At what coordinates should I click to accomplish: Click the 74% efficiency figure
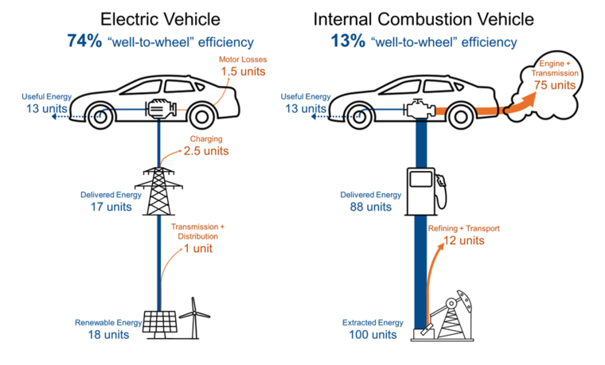(84, 41)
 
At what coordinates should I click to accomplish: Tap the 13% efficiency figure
(348, 41)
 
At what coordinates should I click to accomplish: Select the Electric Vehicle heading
(160, 19)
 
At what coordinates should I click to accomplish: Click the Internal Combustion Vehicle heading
(423, 19)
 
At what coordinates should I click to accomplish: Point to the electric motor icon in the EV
(161, 109)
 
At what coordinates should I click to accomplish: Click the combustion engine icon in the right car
(419, 110)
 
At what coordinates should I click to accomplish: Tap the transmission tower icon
(159, 191)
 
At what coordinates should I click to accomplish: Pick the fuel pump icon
(425, 192)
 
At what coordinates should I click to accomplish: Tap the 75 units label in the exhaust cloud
(555, 85)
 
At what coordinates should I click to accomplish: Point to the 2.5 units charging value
(206, 151)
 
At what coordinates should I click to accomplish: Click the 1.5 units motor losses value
(243, 72)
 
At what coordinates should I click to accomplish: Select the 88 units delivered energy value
(371, 207)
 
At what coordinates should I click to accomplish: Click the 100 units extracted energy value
(373, 335)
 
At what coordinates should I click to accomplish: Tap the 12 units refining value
(464, 240)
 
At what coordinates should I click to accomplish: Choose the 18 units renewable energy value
(108, 335)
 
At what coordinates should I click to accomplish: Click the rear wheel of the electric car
(201, 115)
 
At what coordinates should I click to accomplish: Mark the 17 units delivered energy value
(111, 207)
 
